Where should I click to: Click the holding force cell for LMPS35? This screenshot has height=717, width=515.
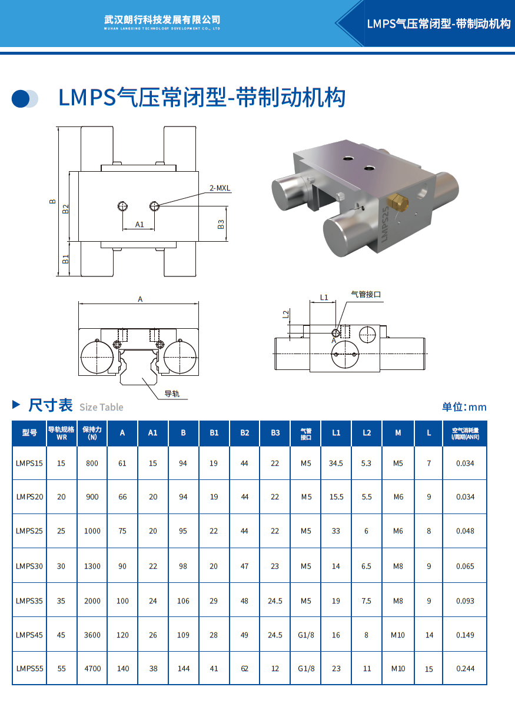(92, 601)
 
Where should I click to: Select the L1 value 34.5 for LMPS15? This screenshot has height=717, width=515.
(336, 463)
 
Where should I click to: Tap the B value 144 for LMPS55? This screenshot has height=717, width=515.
(184, 668)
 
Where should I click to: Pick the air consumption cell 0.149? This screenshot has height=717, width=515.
(465, 635)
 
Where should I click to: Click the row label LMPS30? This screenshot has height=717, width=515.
(29, 566)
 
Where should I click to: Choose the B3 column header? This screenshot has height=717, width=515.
(275, 433)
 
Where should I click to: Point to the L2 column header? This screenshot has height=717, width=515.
(367, 433)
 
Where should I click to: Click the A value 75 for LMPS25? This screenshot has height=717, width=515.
(122, 531)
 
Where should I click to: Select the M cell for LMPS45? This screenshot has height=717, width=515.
(398, 635)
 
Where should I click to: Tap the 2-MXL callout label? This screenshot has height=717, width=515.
(220, 188)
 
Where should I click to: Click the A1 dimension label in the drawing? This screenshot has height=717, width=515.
(139, 224)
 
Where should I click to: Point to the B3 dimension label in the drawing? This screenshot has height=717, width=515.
(221, 224)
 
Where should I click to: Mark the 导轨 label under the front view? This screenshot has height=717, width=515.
(172, 393)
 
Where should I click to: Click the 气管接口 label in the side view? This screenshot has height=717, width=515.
(366, 294)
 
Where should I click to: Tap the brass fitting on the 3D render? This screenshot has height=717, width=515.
(397, 202)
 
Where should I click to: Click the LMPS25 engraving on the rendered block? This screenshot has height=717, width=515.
(385, 224)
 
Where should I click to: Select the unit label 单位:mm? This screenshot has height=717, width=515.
(464, 407)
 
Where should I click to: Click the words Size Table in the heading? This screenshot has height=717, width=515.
(101, 407)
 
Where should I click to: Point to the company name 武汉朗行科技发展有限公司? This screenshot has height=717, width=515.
(162, 20)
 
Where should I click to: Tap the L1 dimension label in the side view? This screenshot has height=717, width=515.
(324, 298)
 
